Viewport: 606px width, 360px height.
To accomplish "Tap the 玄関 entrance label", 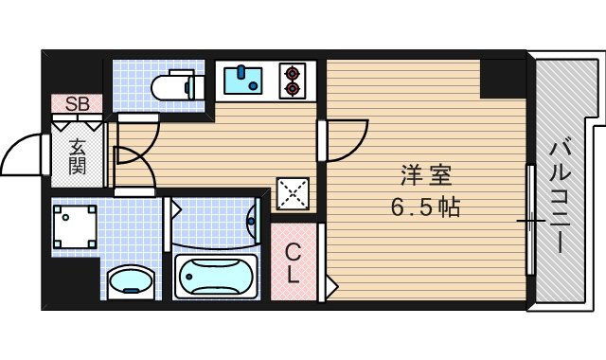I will coord(77,155).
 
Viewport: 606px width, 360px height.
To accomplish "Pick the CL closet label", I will coord(294,264).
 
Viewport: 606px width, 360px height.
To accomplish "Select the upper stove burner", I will coord(293,72).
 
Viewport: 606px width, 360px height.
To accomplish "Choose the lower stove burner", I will coord(293,90).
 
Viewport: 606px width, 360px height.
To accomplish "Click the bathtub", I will coord(216,278).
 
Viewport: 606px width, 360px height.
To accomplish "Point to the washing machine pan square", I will coord(75,227).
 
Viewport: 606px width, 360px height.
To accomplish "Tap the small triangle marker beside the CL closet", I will coord(330,284).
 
